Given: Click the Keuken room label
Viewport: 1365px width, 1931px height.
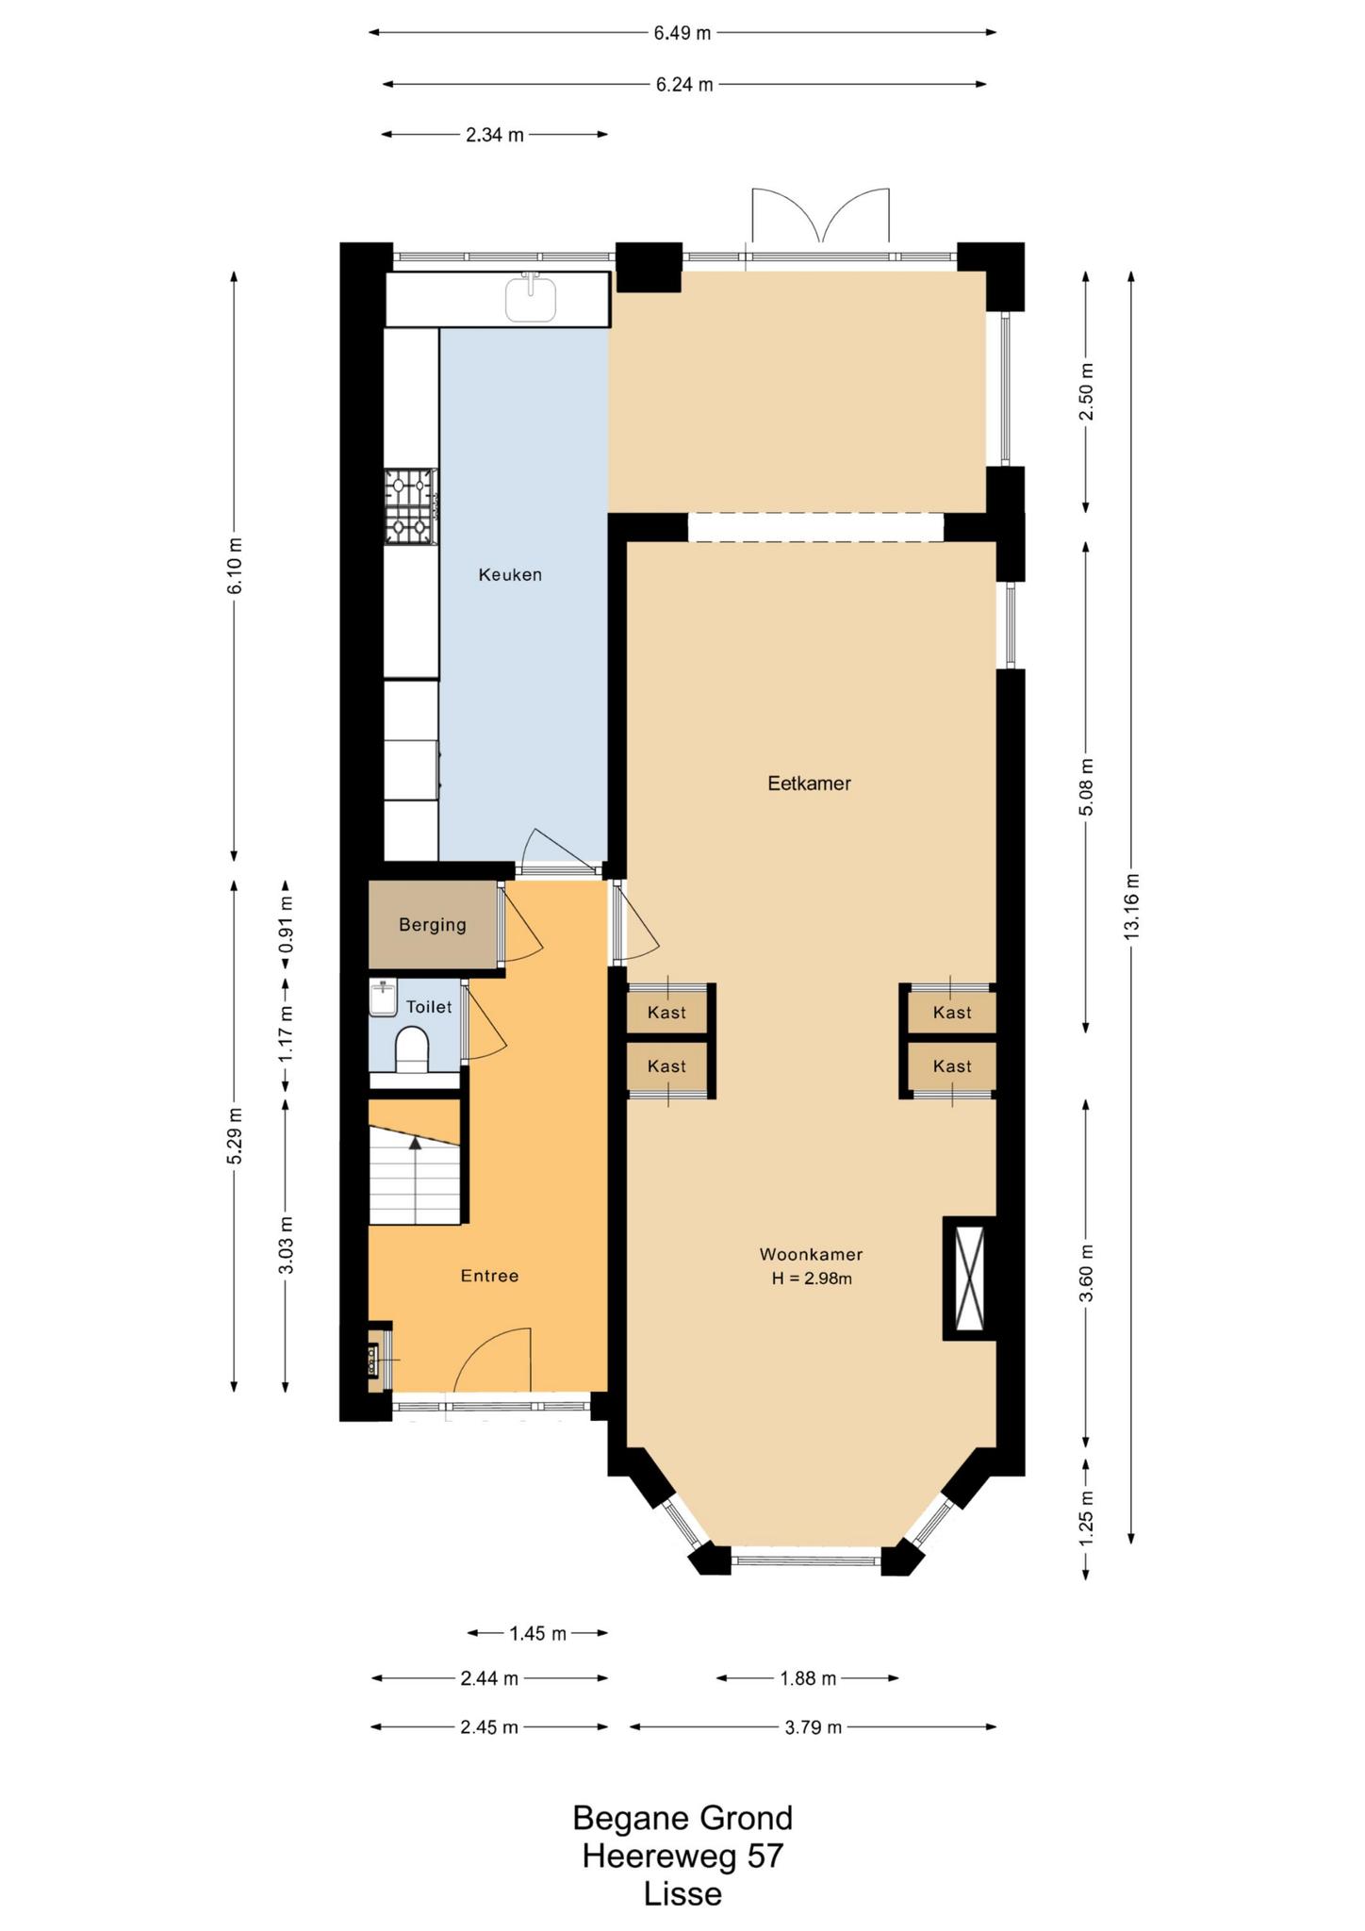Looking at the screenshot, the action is [510, 574].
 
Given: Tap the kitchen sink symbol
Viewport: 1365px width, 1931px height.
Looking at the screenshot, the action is [531, 298].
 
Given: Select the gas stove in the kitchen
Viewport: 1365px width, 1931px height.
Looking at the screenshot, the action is [411, 507].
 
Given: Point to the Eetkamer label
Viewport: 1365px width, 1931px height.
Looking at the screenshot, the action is [809, 783].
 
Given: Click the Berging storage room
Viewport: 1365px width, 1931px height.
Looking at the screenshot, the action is [433, 925].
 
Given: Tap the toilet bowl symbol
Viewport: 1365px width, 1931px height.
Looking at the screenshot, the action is [412, 1050].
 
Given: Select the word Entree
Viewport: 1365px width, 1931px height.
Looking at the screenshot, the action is [489, 1276].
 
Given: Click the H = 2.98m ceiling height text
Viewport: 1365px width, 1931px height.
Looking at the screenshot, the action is [811, 1279].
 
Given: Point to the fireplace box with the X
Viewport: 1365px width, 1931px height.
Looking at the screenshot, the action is [969, 1278].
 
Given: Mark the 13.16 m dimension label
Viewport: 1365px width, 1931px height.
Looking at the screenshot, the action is [1131, 905].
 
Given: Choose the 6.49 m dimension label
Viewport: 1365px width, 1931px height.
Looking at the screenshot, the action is [682, 33].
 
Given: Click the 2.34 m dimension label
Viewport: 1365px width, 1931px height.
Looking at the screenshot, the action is [495, 135].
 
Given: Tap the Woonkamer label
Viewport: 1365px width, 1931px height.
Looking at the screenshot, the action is [811, 1255].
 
